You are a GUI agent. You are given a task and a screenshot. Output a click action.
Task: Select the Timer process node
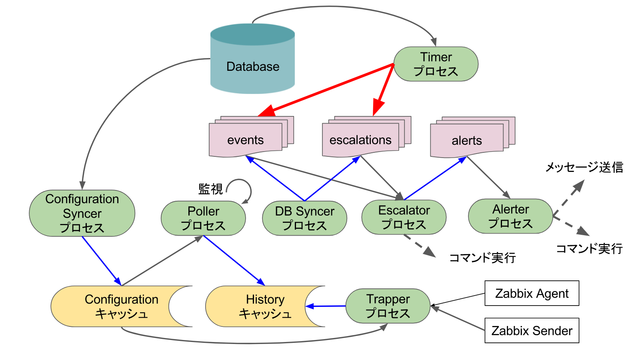click(x=436, y=64)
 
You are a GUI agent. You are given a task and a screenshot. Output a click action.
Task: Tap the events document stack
click(x=246, y=140)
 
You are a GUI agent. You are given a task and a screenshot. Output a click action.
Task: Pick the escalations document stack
click(x=360, y=140)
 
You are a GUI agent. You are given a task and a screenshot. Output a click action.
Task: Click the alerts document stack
click(x=467, y=140)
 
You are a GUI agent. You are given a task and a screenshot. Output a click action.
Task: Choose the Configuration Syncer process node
click(x=82, y=213)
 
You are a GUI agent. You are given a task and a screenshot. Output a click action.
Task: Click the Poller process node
click(x=203, y=218)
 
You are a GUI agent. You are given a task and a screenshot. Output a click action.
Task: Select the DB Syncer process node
click(x=304, y=218)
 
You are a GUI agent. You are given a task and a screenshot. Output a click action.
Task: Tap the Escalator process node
click(x=404, y=217)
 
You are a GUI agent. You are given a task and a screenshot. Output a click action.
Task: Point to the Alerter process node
click(x=510, y=216)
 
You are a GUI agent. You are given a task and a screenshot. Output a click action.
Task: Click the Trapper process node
click(x=388, y=306)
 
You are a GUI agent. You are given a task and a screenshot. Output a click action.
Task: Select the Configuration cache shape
click(x=116, y=306)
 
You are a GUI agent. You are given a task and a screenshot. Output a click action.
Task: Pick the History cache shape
click(x=260, y=306)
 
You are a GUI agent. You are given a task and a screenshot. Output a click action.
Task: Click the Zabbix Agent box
click(x=532, y=293)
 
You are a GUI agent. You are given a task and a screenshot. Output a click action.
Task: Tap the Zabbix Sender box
click(x=532, y=330)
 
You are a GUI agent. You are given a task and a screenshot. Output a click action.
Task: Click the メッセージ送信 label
click(x=584, y=167)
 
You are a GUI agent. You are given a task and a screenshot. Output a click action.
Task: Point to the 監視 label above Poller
click(x=210, y=189)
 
